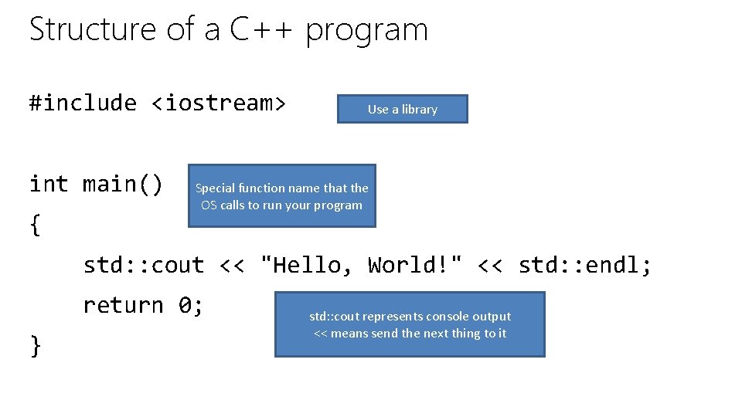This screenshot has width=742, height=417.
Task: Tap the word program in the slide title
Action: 366,31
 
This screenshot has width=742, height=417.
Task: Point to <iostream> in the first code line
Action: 219,103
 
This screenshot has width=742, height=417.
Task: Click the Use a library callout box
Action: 402,109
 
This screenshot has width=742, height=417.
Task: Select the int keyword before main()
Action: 49,184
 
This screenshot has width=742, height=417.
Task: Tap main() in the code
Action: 123,184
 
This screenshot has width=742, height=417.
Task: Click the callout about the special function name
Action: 281,196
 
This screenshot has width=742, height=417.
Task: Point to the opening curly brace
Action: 35,225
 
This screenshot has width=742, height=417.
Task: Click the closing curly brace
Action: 35,345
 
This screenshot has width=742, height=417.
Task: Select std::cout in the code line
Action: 144,265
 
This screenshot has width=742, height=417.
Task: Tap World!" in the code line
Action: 415,265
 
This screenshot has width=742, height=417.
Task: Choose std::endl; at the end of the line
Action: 585,265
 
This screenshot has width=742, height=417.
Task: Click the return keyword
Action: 123,305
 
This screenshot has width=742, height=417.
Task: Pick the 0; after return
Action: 191,305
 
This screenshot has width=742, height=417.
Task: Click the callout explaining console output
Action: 410,324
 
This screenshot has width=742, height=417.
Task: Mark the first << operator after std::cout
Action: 232,265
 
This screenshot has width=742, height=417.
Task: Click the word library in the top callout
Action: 420,109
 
